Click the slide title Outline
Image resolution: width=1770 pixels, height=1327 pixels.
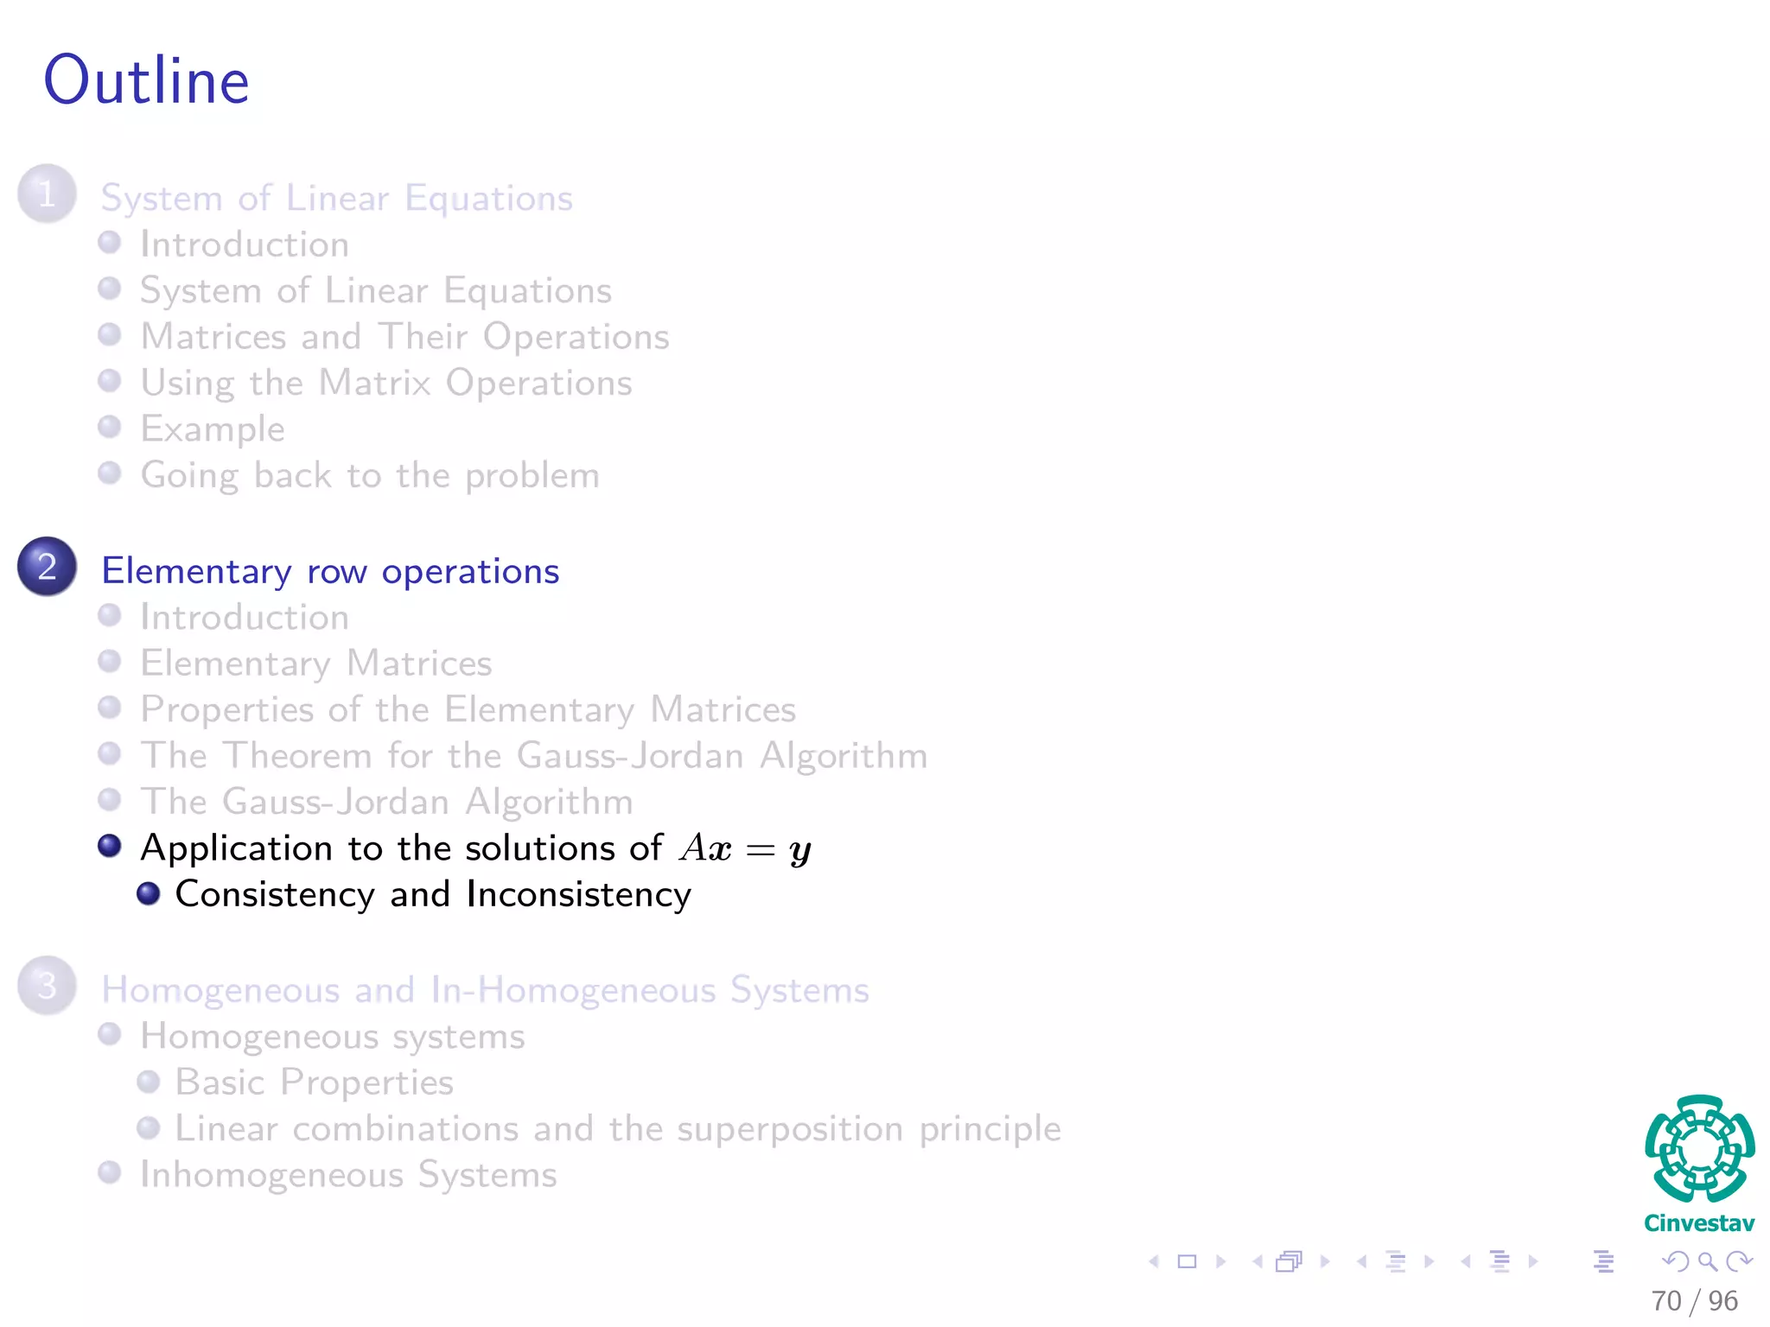[147, 80]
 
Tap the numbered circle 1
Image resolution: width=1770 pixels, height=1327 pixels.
[47, 194]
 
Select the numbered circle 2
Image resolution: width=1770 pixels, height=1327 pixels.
[47, 567]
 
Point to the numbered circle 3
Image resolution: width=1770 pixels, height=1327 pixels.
[47, 986]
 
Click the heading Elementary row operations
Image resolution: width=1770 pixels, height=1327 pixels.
[330, 572]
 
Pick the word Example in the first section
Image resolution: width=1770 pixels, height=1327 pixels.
[213, 429]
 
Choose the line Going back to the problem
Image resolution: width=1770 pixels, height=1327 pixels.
[370, 476]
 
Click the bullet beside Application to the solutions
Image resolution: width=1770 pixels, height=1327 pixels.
[110, 845]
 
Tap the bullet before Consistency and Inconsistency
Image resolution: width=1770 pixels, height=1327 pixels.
[149, 892]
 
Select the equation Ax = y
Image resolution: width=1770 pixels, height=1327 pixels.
[746, 849]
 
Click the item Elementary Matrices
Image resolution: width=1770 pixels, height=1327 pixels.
[316, 663]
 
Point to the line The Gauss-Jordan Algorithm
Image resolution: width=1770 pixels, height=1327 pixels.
[387, 802]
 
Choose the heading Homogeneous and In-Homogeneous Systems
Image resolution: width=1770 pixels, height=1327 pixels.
[485, 990]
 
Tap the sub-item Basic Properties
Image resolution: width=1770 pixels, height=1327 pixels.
[315, 1083]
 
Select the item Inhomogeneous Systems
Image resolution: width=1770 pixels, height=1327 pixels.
[349, 1175]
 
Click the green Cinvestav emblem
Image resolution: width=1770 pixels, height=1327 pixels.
[1699, 1149]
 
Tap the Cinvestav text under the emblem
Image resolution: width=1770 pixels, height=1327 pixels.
[1699, 1223]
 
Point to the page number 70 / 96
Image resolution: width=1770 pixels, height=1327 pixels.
[1694, 1301]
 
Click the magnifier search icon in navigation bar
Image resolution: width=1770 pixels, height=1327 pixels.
[1707, 1261]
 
